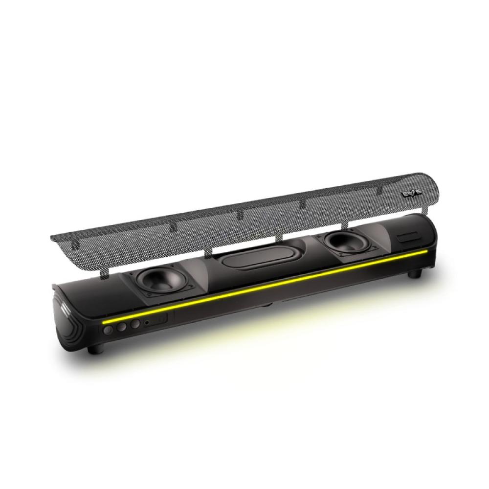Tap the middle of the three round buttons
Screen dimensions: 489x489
122,327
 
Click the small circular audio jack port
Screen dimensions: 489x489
147,322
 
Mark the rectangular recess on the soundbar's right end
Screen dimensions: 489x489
408,238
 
